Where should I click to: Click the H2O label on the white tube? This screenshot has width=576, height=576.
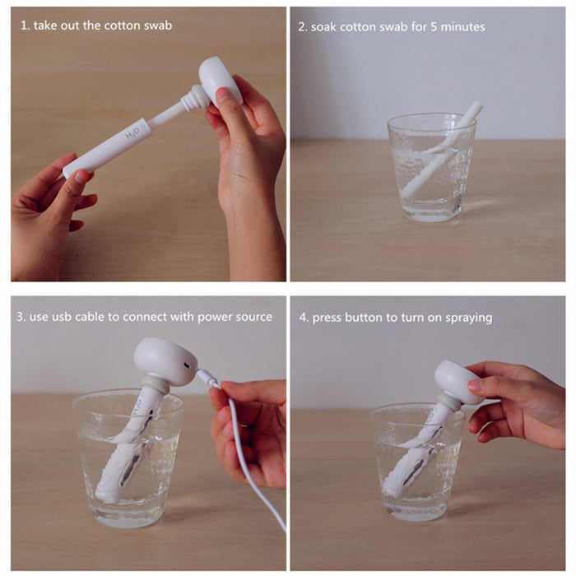coord(131,132)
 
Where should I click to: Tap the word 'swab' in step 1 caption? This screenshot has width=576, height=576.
coord(156,26)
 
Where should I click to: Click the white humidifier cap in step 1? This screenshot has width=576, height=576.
coord(219,79)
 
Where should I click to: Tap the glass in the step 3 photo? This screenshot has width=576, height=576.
coord(126,457)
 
